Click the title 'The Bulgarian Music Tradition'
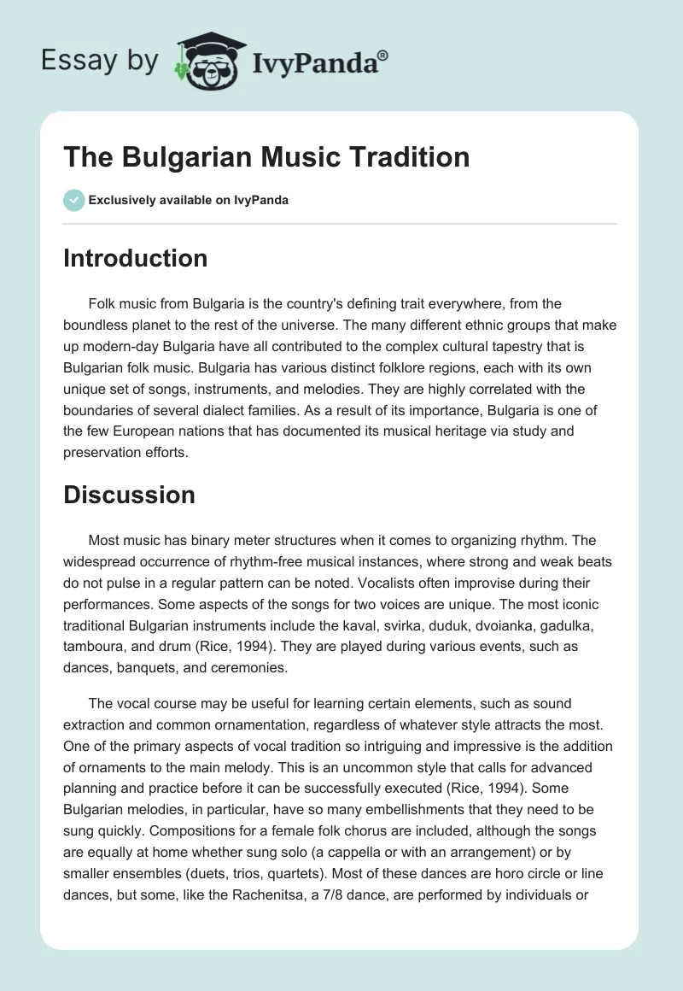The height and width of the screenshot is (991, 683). point(266,157)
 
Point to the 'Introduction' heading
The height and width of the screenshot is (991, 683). point(135,258)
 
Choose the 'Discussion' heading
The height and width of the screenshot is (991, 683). point(129,494)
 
